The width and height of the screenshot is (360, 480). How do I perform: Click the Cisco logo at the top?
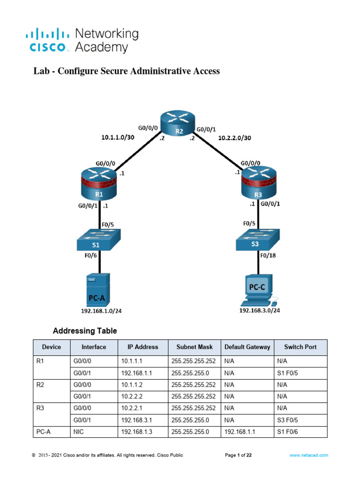click(46, 40)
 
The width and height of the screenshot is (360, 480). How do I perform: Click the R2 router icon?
click(179, 126)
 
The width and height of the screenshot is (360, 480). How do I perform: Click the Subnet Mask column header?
click(194, 347)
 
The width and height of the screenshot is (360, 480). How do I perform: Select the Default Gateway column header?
click(247, 347)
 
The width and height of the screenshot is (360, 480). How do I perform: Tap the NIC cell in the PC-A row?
click(79, 431)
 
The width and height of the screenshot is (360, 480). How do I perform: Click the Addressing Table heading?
click(85, 331)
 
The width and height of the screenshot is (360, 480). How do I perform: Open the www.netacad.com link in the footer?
click(308, 455)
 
